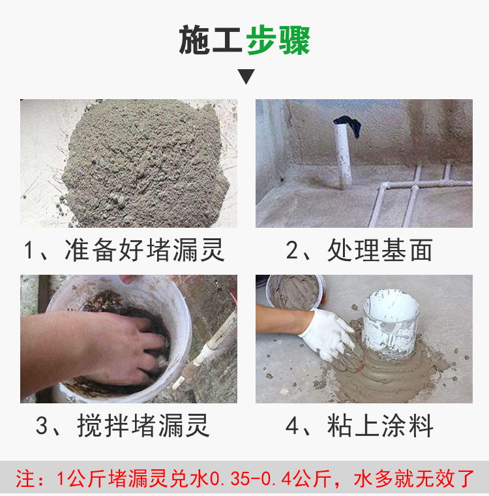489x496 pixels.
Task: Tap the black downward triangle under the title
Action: (x=246, y=76)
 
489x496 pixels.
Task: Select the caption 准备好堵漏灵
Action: (x=145, y=250)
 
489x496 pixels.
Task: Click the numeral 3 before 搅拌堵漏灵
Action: (x=42, y=427)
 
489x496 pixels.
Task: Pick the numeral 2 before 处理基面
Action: (x=293, y=251)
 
